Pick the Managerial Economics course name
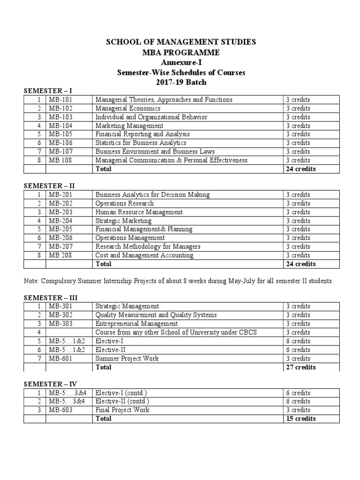[x=124, y=108]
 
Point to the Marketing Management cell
[x=129, y=126]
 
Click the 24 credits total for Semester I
[x=300, y=169]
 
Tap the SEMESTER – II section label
[x=49, y=186]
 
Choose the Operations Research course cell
[x=124, y=203]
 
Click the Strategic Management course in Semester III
[x=127, y=307]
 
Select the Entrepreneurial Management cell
[x=136, y=324]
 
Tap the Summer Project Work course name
[x=127, y=359]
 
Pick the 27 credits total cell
[x=300, y=367]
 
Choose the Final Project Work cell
[x=122, y=410]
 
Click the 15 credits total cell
[x=300, y=419]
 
